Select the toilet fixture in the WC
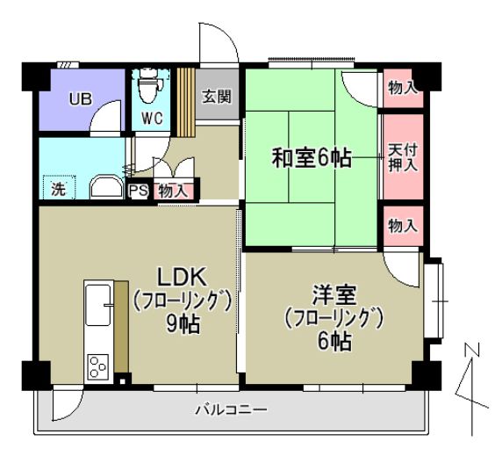click(149, 89)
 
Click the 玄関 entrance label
click(217, 98)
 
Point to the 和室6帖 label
click(312, 158)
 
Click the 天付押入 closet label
click(402, 157)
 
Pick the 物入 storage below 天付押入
click(402, 226)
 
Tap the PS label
click(138, 190)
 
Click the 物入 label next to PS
click(173, 190)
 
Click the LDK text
click(182, 273)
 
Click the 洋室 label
click(332, 293)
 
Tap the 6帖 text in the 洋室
click(334, 341)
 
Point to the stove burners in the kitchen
click(97, 366)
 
